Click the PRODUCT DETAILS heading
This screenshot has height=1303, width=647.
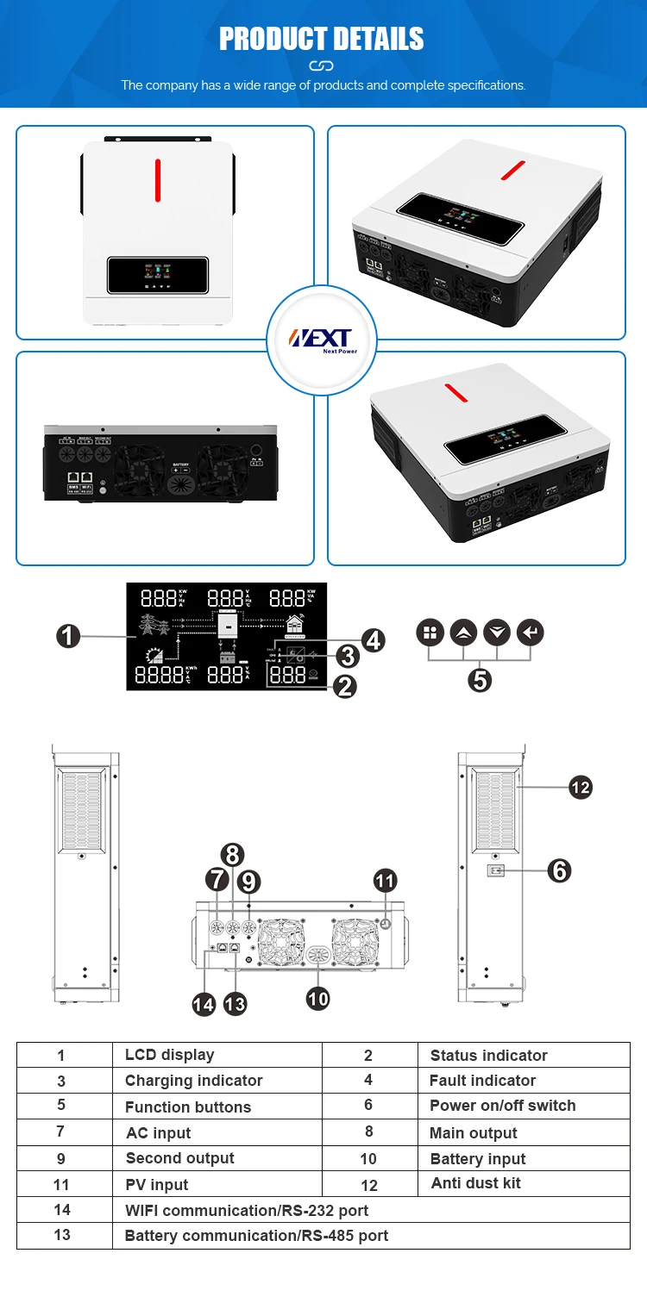coord(321,39)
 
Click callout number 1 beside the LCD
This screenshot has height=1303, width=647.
coord(69,637)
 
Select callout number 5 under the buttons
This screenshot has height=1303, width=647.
coord(480,680)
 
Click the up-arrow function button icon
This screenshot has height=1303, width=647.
coord(463,633)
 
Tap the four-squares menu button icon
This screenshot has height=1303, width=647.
coord(430,633)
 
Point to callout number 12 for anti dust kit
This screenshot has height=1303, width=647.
coord(581,787)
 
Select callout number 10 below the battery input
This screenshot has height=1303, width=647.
coord(318,998)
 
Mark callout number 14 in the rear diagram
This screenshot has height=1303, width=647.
coord(204,1004)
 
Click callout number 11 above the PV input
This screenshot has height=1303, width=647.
coord(385,881)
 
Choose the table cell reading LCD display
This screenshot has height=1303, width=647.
coord(169,1055)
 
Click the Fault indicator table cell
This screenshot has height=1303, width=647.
coord(482,1081)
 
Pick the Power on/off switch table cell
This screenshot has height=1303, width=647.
coord(502,1106)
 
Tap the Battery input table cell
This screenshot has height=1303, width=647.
coord(477,1159)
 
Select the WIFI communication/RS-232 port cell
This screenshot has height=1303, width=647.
coord(246,1210)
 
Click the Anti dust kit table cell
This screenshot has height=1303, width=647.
coord(475,1183)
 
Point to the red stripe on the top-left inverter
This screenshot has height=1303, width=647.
coord(158,180)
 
